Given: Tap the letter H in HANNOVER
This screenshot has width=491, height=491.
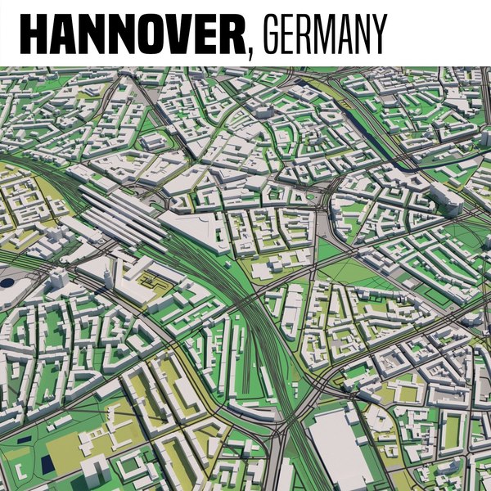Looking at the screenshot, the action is (34, 34).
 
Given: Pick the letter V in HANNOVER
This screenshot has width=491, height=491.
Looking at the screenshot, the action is (174, 34).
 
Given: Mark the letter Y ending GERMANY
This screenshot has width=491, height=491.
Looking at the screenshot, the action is (376, 34).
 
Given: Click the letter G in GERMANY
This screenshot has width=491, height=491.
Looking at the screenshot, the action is (268, 34).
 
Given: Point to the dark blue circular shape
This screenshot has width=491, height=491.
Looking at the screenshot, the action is (7, 283).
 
